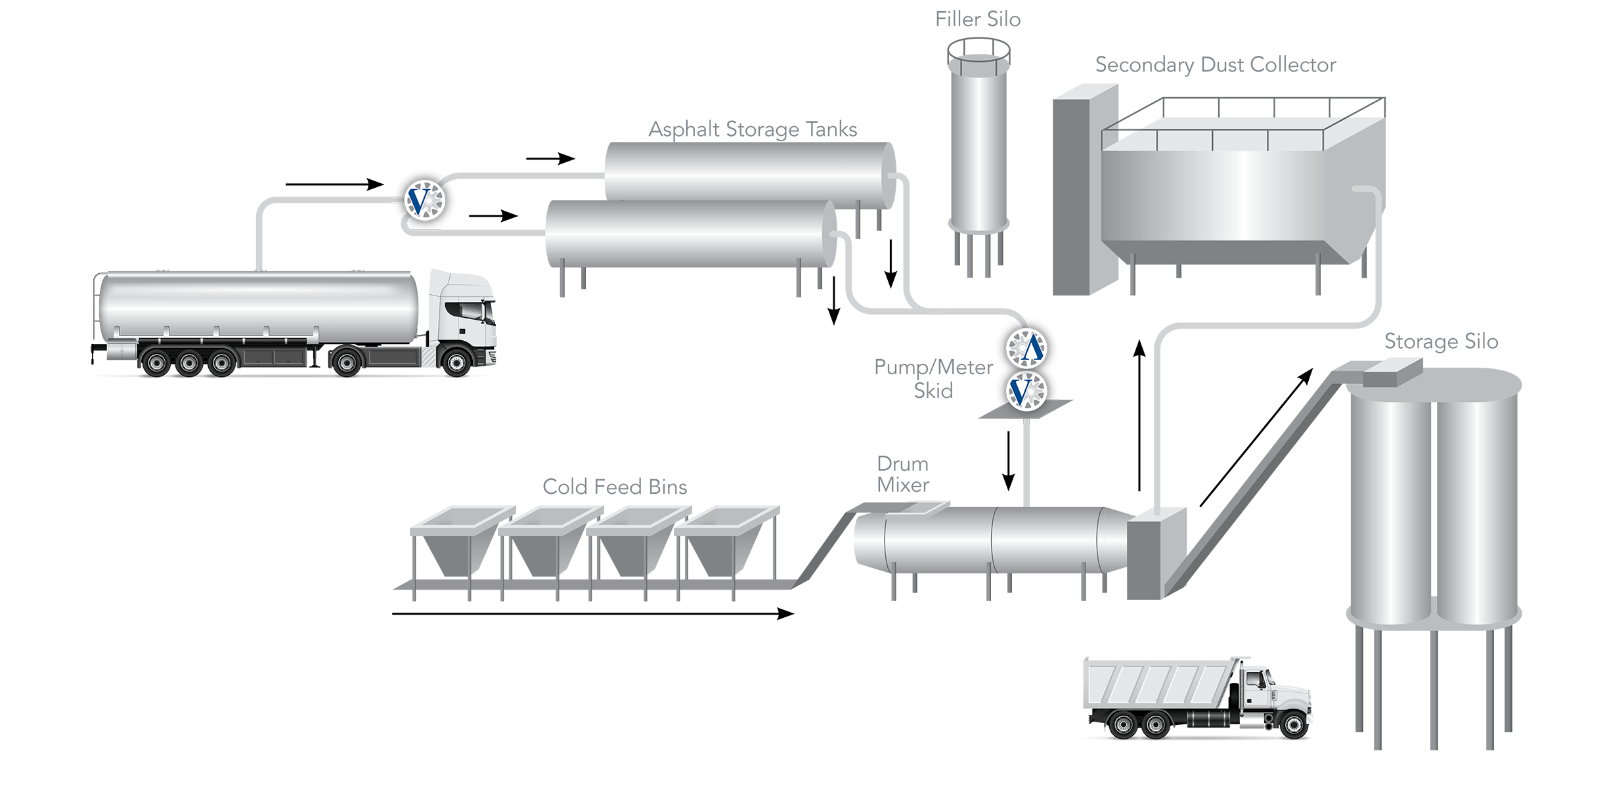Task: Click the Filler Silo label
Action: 978,20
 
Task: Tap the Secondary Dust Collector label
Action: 1216,65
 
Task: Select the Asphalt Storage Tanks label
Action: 753,129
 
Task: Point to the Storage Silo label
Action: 1441,341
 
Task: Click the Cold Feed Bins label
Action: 615,487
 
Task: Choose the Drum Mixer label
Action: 903,474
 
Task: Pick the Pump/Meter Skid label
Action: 933,379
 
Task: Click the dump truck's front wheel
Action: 1288,724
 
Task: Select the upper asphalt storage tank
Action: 749,171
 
